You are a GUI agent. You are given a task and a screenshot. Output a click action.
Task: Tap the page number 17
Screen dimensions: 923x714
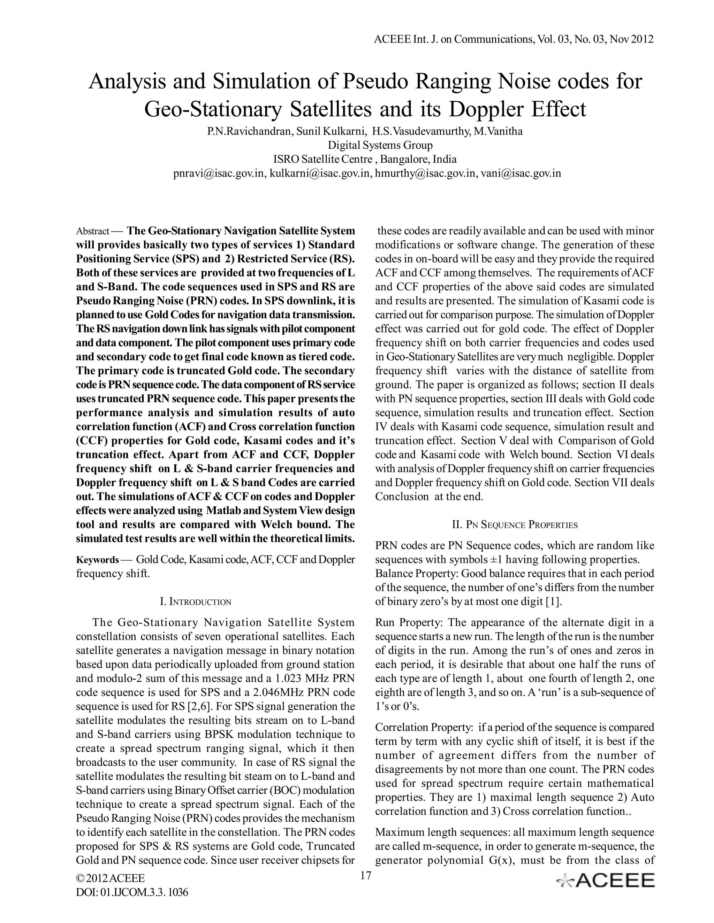pyautogui.click(x=365, y=875)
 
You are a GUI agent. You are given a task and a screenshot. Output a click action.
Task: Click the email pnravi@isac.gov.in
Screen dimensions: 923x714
pyautogui.click(x=219, y=173)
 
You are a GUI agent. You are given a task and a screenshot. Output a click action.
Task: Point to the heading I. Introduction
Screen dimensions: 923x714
pyautogui.click(x=196, y=602)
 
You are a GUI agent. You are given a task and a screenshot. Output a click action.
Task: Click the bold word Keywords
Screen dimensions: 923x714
pyautogui.click(x=97, y=560)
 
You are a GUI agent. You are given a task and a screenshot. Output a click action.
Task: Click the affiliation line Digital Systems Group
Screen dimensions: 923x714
pyautogui.click(x=380, y=145)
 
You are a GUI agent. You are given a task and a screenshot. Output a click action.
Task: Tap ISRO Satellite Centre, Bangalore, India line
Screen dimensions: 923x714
pyautogui.click(x=365, y=159)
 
